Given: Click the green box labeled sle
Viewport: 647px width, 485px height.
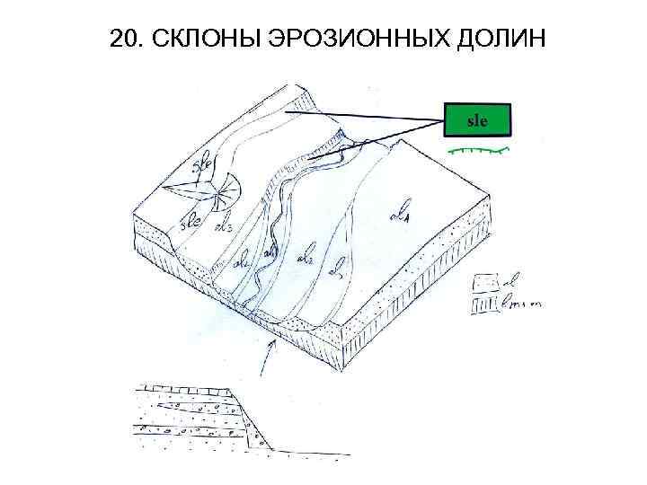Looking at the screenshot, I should click(x=477, y=119).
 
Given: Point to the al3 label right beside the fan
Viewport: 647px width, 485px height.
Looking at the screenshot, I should click(x=226, y=225).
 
